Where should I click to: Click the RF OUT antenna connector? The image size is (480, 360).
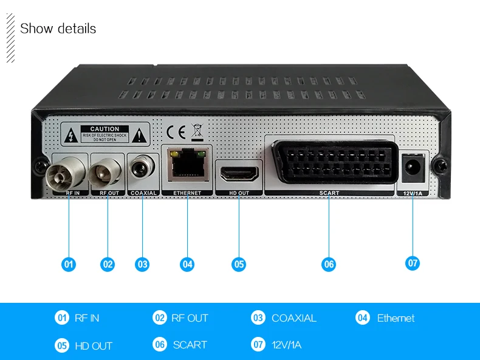tap(107, 172)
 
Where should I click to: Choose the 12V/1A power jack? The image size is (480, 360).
tap(413, 167)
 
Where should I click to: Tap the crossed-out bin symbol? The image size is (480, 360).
tap(196, 131)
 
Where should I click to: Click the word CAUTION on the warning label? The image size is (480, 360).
tap(105, 129)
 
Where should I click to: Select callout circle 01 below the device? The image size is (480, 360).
tap(69, 264)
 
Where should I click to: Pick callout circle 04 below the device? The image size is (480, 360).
tap(187, 264)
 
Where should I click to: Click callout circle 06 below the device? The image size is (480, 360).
tap(329, 264)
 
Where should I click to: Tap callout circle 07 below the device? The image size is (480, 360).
tap(413, 263)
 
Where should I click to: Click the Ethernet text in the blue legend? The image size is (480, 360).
tap(396, 318)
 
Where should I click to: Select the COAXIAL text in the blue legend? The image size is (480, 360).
tap(293, 318)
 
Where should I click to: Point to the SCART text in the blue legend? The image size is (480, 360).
tap(190, 345)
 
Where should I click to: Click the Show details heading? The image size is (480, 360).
tap(58, 29)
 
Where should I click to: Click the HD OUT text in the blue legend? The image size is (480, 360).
tap(93, 345)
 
